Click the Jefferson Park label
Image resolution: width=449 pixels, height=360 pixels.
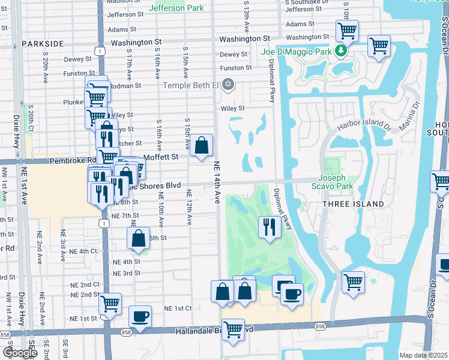coord(176,8)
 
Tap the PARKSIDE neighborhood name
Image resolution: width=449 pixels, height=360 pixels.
coord(42,44)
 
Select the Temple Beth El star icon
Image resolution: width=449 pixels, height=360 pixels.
coord(227,85)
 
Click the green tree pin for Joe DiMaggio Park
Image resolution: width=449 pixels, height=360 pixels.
coord(341,50)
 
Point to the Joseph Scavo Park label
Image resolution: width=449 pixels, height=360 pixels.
coord(331,182)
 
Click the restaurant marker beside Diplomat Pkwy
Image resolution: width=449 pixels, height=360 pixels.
coord(268,227)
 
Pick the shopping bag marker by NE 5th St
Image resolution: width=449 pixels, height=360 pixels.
coord(138,238)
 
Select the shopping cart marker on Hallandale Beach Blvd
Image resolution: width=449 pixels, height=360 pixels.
coord(233,329)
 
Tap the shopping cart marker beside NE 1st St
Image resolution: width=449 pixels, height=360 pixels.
coord(110,304)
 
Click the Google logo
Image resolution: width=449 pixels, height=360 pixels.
coord(20,352)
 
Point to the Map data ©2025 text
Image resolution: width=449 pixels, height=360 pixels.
coord(423,355)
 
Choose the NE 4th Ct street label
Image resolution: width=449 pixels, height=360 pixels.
coord(83,251)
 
